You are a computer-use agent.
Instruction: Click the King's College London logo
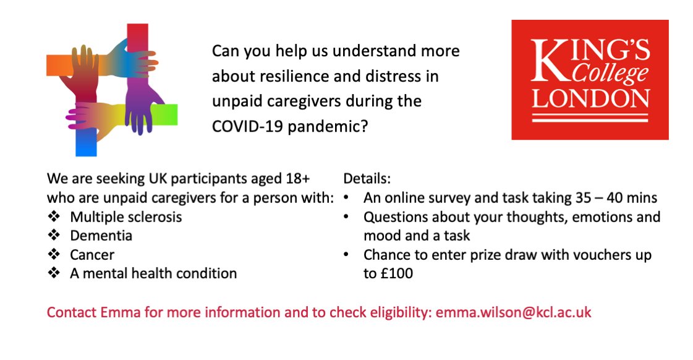click(590, 80)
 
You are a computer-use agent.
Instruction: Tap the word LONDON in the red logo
click(590, 98)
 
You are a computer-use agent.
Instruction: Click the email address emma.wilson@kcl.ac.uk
click(514, 312)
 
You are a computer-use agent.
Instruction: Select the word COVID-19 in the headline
click(247, 126)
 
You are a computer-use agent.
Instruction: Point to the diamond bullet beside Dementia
click(54, 235)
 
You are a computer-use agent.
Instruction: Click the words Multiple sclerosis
click(126, 216)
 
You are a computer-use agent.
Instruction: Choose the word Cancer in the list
click(92, 255)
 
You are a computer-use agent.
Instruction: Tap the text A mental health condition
click(153, 273)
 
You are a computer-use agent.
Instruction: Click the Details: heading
click(367, 179)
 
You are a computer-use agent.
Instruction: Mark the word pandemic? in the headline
click(328, 126)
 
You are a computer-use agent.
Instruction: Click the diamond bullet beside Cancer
click(54, 254)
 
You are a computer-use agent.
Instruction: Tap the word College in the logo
click(610, 73)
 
